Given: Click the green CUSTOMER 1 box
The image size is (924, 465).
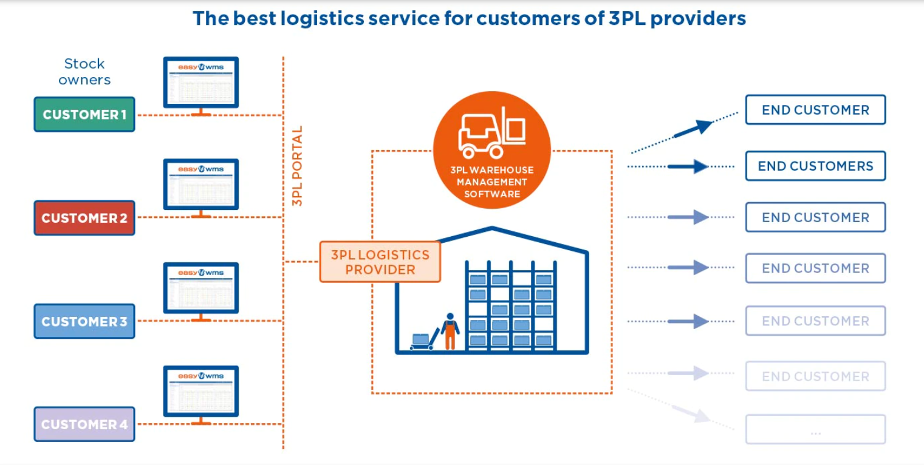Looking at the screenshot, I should (x=84, y=114).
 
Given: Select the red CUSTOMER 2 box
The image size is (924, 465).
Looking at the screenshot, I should (x=84, y=218).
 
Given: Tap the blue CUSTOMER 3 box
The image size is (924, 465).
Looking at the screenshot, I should (x=84, y=321).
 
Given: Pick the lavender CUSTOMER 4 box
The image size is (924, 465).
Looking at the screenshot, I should (x=84, y=424).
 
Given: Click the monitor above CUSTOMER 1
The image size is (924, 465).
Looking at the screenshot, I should (x=201, y=83).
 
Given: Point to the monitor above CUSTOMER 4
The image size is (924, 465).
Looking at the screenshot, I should (x=201, y=392).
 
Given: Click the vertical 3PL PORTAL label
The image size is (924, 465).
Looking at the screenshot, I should (x=298, y=166).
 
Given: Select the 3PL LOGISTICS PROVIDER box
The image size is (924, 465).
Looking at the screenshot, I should (x=380, y=262).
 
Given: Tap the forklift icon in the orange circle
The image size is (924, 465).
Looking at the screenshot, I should (x=491, y=134).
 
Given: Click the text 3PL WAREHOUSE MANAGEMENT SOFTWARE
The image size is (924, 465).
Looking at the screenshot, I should (x=491, y=182).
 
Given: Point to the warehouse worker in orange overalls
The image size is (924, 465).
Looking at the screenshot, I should (x=450, y=331).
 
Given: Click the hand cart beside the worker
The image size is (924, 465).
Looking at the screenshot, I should (x=423, y=341).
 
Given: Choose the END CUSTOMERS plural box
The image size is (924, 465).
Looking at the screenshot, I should (x=815, y=166).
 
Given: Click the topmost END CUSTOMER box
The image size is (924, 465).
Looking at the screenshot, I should (x=815, y=110).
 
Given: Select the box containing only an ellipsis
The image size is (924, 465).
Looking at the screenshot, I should (x=815, y=430).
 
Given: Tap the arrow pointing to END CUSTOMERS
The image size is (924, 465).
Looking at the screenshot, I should (x=688, y=166).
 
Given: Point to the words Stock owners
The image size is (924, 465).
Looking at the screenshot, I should (x=84, y=72).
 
